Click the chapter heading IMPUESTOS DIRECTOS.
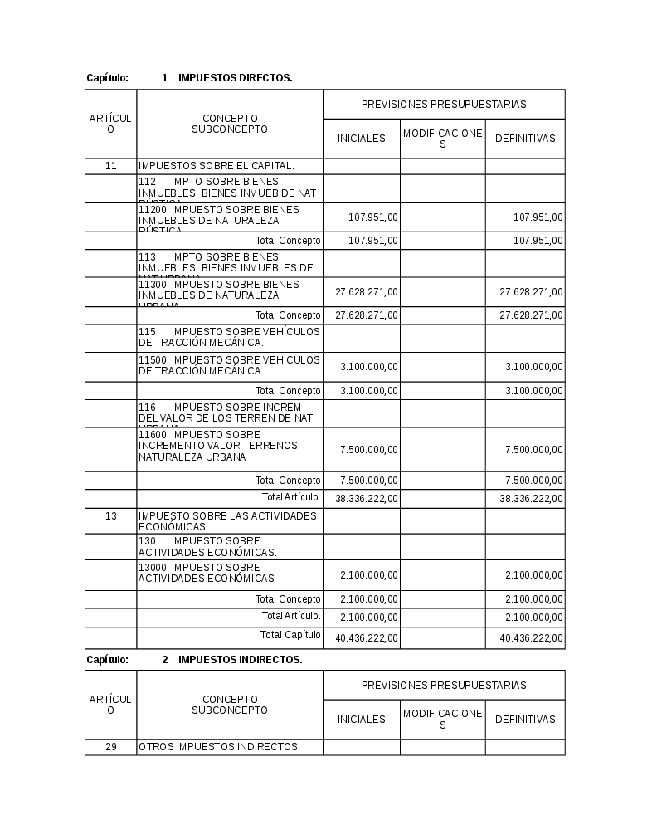pos(235,78)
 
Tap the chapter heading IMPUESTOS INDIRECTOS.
pos(240,660)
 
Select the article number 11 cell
pos(110,166)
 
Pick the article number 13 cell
pos(110,516)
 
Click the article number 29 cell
pos(110,747)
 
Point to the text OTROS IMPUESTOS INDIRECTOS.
pos(219,747)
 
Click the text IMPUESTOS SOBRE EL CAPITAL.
pos(217,166)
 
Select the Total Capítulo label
pos(290,635)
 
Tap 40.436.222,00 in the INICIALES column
pos(367,638)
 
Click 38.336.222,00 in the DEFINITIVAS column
pos(531,499)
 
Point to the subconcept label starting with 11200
pos(219,216)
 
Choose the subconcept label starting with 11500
pos(229,365)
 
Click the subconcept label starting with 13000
pos(207,573)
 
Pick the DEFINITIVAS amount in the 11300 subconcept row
pos(531,292)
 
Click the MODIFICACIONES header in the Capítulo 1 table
pos(442,139)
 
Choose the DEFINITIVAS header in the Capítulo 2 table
pos(525,720)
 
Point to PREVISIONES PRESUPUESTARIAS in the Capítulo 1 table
pos(444,105)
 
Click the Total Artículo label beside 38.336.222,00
pos(291,497)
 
